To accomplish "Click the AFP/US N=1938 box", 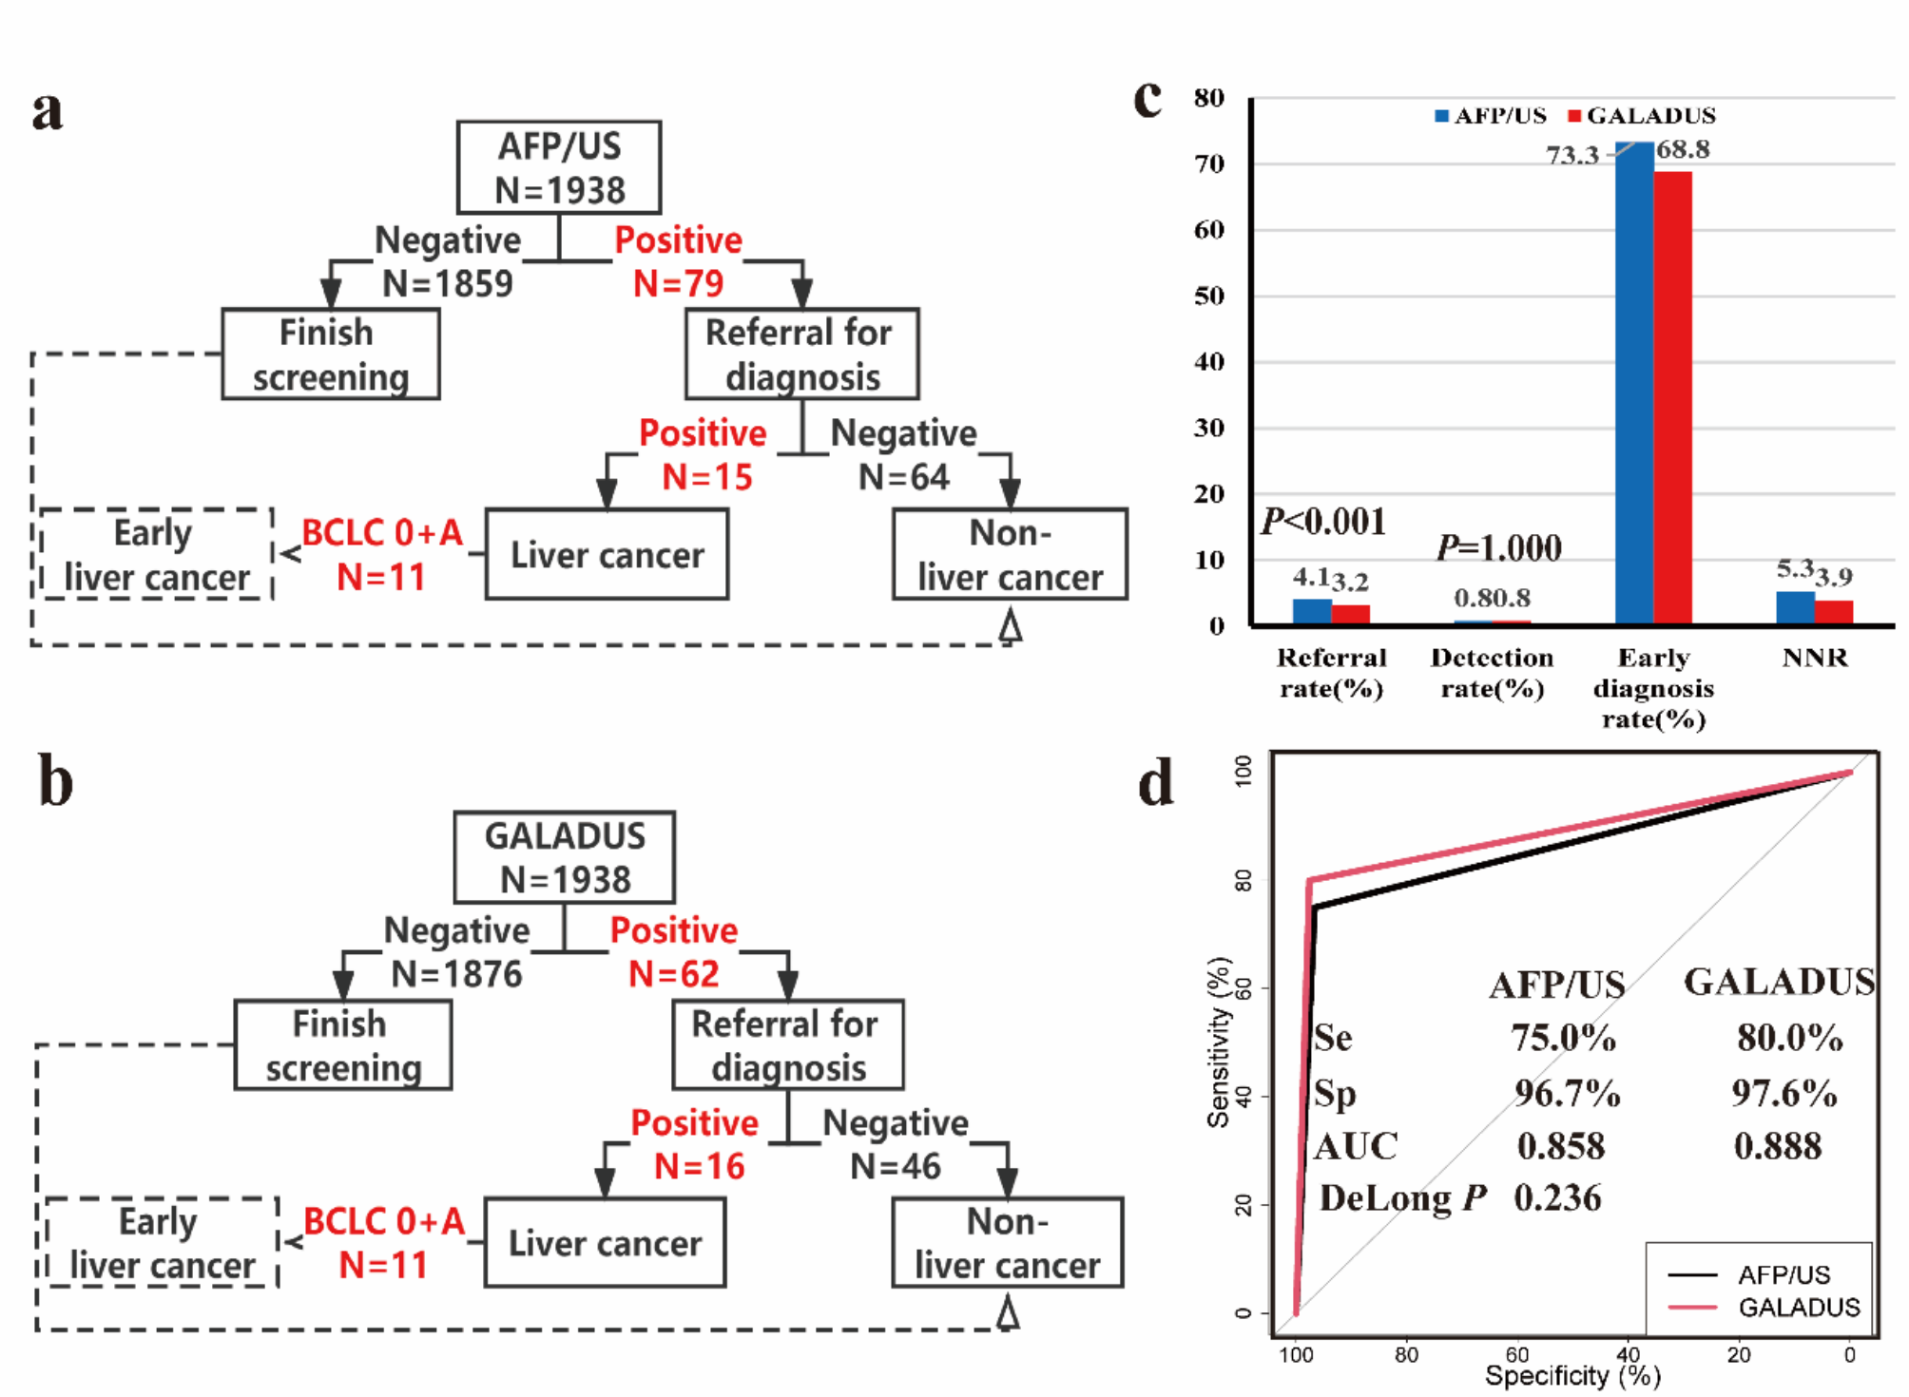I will click(559, 167).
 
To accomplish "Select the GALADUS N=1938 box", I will click(565, 857).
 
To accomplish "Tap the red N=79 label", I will click(678, 283).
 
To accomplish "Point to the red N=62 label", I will click(673, 974).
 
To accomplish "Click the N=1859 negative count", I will click(447, 283).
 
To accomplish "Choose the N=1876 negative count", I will click(456, 974).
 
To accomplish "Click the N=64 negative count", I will click(903, 477).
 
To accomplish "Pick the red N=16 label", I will click(699, 1167).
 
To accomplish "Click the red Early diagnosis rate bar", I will click(1672, 399).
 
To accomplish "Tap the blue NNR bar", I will click(1795, 608).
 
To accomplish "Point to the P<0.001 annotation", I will click(1323, 522).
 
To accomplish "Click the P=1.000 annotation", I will click(1498, 548).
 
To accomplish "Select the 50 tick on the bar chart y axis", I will click(1209, 296).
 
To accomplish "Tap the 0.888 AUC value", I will click(1778, 1146).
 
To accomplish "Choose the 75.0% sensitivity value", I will click(1564, 1038).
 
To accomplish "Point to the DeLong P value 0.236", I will click(1557, 1198).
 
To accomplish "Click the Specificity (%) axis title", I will click(1572, 1376).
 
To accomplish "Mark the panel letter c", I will click(1147, 99).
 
